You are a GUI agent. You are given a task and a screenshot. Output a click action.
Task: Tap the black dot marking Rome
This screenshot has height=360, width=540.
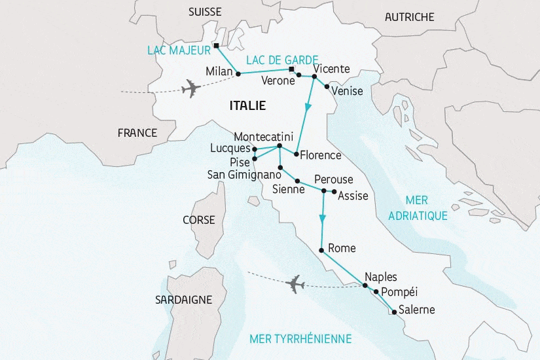[321, 251]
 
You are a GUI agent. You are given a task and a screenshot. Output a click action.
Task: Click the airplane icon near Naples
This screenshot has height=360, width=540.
[296, 283]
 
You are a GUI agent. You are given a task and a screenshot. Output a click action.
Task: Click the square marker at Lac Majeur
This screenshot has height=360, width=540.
[216, 46]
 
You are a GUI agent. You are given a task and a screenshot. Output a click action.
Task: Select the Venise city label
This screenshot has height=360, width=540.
[347, 91]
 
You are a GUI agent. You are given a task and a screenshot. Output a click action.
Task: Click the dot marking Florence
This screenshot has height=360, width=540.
[297, 154]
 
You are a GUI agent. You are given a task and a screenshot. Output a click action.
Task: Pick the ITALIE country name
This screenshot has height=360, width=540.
[247, 105]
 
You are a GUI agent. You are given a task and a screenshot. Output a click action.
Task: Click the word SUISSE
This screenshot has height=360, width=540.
[205, 12]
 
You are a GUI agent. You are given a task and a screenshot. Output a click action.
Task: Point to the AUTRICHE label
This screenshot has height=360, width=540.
[410, 16]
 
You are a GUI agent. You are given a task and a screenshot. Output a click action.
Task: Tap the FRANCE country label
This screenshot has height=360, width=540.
[137, 133]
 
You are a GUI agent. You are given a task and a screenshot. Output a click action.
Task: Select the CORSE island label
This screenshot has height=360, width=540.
[199, 220]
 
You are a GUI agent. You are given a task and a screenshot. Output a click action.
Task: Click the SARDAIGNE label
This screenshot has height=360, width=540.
[183, 300]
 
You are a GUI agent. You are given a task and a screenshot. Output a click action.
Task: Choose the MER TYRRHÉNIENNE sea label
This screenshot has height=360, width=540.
[300, 338]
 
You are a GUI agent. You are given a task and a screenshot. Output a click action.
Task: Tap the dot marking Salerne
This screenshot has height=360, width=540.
[392, 312]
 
